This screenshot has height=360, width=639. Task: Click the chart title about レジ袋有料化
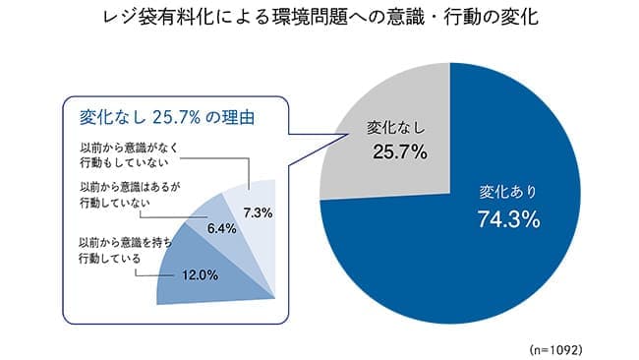pos(320,21)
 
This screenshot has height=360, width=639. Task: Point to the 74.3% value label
pos(508,220)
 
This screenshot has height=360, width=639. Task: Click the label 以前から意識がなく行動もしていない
pos(132,155)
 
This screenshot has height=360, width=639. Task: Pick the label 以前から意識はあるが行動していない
pos(124,195)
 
